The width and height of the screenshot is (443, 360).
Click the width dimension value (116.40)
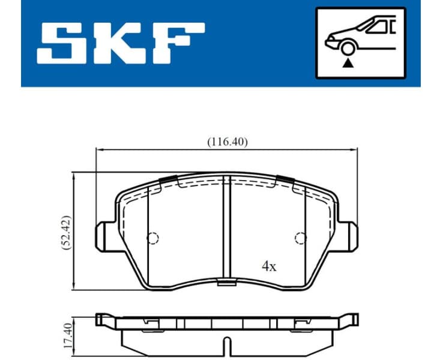[x=228, y=142]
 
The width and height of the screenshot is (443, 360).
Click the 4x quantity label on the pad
[x=268, y=266]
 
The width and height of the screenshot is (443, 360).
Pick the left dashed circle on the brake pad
[x=153, y=238]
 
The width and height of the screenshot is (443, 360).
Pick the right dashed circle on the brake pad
[x=300, y=238]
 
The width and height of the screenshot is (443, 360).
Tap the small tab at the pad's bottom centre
[x=226, y=284]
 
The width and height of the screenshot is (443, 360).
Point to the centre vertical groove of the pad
[x=226, y=228]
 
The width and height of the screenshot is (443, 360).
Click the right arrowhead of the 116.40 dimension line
[x=355, y=150]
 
